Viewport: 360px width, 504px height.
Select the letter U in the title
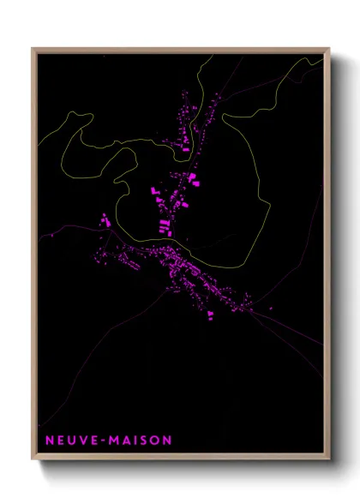tap(70, 441)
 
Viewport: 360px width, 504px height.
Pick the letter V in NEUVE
tap(81, 441)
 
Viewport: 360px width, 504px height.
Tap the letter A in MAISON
tap(125, 441)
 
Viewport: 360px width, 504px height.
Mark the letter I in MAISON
tap(134, 441)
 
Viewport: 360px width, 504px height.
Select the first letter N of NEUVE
tap(49, 441)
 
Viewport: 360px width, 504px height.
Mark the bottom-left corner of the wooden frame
tap(33, 460)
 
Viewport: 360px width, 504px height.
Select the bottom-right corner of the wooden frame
tap(329, 460)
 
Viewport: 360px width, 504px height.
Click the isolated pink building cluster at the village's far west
tap(106, 221)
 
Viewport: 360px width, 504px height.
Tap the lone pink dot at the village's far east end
tap(272, 308)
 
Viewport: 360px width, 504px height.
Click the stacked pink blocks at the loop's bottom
tap(163, 226)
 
